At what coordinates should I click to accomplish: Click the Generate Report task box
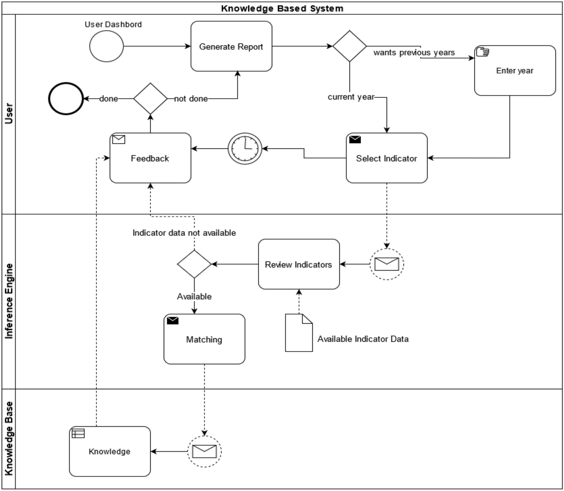pos(231,46)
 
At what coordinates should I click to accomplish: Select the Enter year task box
pos(515,71)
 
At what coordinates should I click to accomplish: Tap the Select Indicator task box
pos(386,158)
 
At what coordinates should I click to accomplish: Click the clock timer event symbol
pos(244,149)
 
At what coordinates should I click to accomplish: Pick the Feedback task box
pos(150,158)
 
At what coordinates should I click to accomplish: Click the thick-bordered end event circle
pos(66,99)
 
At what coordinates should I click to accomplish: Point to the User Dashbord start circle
pos(107,47)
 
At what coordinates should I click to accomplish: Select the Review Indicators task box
pos(298,264)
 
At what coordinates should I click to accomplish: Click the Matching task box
pos(204,339)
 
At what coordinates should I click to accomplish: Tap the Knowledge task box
pos(110,451)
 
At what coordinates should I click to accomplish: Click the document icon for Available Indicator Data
pos(298,333)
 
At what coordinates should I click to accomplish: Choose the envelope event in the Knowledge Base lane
pos(204,451)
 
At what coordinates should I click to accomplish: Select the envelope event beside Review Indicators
pos(386,264)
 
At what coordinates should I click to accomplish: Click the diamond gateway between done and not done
pos(150,99)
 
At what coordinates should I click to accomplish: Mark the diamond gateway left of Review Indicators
pos(194,264)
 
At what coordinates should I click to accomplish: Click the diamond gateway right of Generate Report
pos(349,46)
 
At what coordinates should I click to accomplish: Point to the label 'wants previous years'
pos(414,52)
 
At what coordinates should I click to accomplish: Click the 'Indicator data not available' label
pos(184,233)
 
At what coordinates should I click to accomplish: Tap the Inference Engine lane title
pos(8,301)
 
